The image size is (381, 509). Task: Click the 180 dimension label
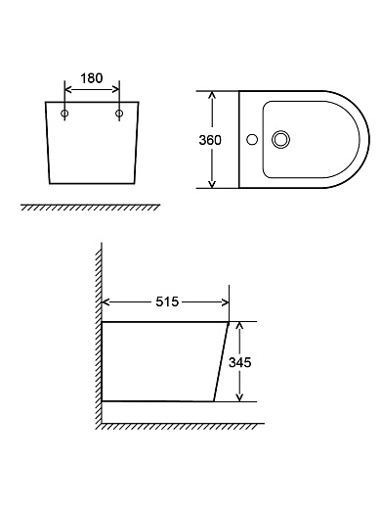(92, 78)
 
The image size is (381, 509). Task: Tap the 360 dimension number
(210, 140)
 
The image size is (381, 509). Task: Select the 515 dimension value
(167, 301)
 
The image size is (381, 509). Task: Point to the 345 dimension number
(240, 362)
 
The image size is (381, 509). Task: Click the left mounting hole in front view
(64, 114)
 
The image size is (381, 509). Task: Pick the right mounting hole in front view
(119, 114)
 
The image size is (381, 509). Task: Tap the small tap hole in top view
(252, 140)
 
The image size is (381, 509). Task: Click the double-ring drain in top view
(280, 140)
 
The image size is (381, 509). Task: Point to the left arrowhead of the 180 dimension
(68, 89)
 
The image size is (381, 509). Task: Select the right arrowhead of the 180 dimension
(115, 89)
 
